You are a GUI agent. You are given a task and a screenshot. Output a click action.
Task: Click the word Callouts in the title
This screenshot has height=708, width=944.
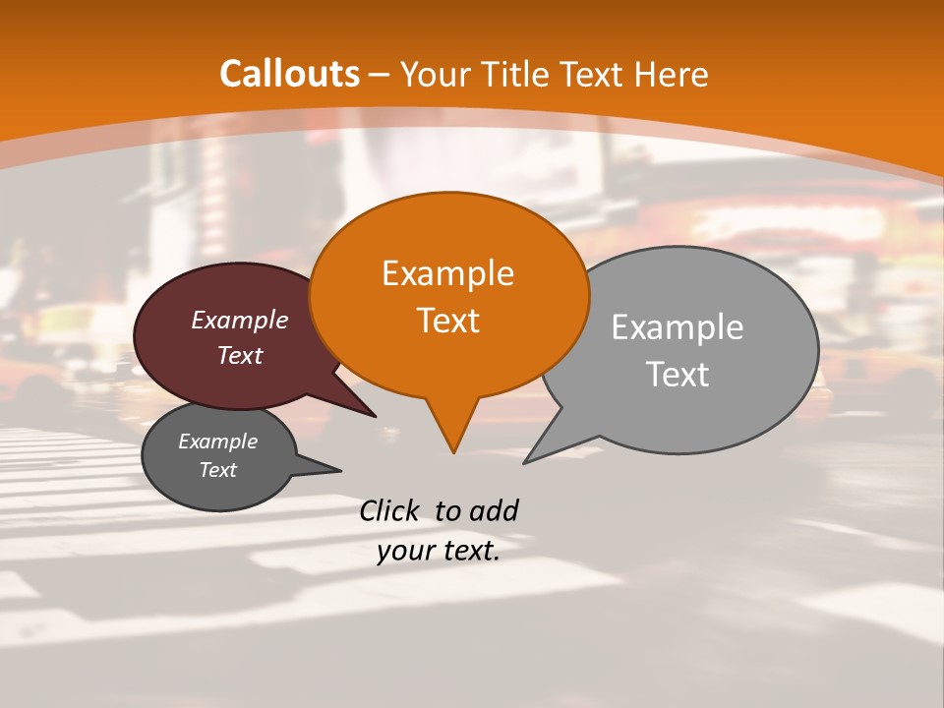(x=289, y=74)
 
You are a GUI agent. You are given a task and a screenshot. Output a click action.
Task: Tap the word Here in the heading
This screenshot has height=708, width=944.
(x=672, y=74)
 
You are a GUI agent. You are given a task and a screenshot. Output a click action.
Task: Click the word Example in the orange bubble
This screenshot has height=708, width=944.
(x=447, y=273)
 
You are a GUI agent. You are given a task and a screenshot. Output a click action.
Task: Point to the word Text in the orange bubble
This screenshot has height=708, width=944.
(x=447, y=321)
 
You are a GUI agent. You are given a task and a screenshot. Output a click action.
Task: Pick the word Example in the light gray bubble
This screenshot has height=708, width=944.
(x=678, y=327)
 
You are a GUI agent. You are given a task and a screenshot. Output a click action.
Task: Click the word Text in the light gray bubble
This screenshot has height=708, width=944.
(x=678, y=375)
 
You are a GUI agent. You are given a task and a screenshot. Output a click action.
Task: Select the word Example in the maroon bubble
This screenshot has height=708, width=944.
(x=240, y=320)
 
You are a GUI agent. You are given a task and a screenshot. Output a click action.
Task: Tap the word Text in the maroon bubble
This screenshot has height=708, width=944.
(x=240, y=355)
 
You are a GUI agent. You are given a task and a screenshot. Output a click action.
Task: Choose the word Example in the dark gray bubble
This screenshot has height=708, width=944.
(x=217, y=442)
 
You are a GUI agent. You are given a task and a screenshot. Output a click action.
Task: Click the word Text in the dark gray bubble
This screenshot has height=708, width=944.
(x=217, y=470)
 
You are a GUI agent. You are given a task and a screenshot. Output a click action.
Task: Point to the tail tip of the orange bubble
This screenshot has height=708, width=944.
(x=453, y=452)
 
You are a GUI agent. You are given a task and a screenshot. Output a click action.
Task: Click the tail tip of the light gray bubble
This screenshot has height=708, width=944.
(x=524, y=462)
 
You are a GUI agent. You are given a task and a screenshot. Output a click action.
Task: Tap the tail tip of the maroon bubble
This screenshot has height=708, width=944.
(x=376, y=416)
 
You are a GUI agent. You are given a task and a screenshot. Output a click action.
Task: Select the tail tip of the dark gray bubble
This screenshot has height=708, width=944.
(x=340, y=470)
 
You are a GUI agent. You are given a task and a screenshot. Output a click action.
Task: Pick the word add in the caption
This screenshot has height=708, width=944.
(x=493, y=510)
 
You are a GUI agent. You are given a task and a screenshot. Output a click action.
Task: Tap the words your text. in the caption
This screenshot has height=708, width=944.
(x=438, y=552)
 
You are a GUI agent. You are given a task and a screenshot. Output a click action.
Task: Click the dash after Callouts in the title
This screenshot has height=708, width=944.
(x=379, y=74)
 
